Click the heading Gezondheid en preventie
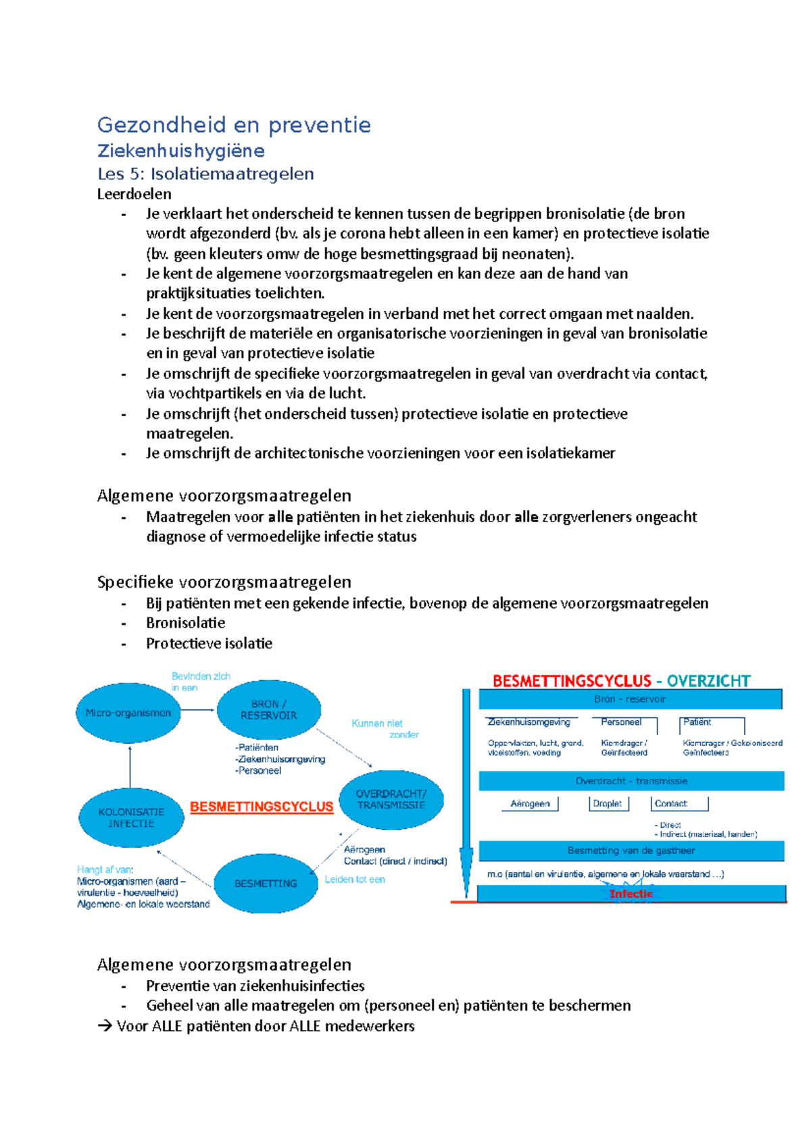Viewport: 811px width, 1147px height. [x=234, y=125]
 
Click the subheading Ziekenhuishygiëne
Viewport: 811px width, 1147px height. [x=180, y=151]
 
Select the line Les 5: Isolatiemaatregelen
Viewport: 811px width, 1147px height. [x=205, y=174]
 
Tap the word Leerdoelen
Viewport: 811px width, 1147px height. [x=134, y=195]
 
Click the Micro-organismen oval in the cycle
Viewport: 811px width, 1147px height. [x=128, y=713]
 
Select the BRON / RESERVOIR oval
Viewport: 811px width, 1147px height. [x=268, y=709]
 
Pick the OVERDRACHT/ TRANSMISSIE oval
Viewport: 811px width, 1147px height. [x=391, y=799]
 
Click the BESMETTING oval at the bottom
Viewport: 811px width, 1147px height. [x=266, y=883]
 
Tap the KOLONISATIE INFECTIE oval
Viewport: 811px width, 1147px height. [x=131, y=817]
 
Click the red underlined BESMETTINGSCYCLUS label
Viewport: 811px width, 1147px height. [x=262, y=807]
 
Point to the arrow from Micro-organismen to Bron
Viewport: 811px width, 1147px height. [x=198, y=710]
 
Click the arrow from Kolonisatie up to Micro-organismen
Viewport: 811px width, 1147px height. [x=130, y=766]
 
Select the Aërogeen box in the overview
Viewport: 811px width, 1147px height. [x=531, y=804]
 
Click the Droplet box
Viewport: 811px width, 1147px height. [x=608, y=804]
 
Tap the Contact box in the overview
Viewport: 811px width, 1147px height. [x=679, y=804]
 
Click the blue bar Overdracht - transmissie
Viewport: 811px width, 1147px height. [x=631, y=781]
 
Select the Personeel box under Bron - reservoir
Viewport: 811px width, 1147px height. [x=622, y=723]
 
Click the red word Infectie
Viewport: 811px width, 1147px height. [x=631, y=894]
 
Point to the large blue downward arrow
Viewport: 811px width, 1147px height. [x=466, y=797]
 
